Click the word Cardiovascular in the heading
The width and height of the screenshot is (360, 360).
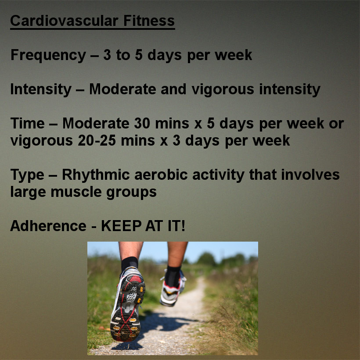[64, 21]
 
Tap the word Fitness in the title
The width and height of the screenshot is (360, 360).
[149, 21]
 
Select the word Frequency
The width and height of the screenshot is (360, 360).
[48, 56]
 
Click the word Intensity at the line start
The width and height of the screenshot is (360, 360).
[41, 89]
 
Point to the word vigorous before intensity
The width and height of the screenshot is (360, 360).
[223, 89]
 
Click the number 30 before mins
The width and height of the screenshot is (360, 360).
[142, 123]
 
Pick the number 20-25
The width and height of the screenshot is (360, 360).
[97, 140]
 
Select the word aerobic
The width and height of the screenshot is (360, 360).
[161, 175]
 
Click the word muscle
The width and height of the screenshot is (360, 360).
[76, 192]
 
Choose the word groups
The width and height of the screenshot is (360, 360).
[132, 192]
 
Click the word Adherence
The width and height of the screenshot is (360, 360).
[48, 226]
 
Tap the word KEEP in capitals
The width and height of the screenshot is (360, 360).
[121, 226]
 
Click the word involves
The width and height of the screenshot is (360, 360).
[310, 175]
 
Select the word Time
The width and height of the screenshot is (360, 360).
[28, 123]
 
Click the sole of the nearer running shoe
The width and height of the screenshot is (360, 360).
[127, 308]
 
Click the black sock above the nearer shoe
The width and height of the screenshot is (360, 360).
[130, 264]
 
